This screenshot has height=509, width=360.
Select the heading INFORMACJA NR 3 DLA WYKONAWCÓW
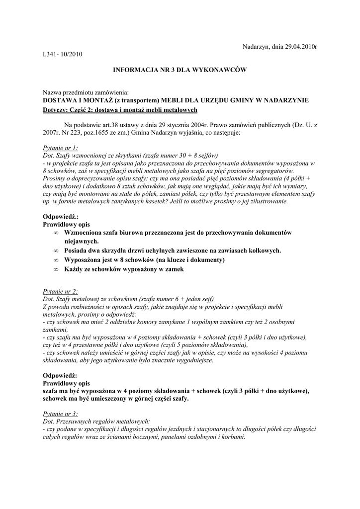coord(180,70)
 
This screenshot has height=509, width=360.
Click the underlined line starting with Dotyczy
coord(121,110)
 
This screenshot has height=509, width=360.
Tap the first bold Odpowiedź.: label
coord(61,217)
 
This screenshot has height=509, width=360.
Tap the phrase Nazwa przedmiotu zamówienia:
coord(86,92)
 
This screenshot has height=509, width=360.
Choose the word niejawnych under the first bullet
coord(82,241)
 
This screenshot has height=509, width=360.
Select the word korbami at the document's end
coord(233,437)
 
